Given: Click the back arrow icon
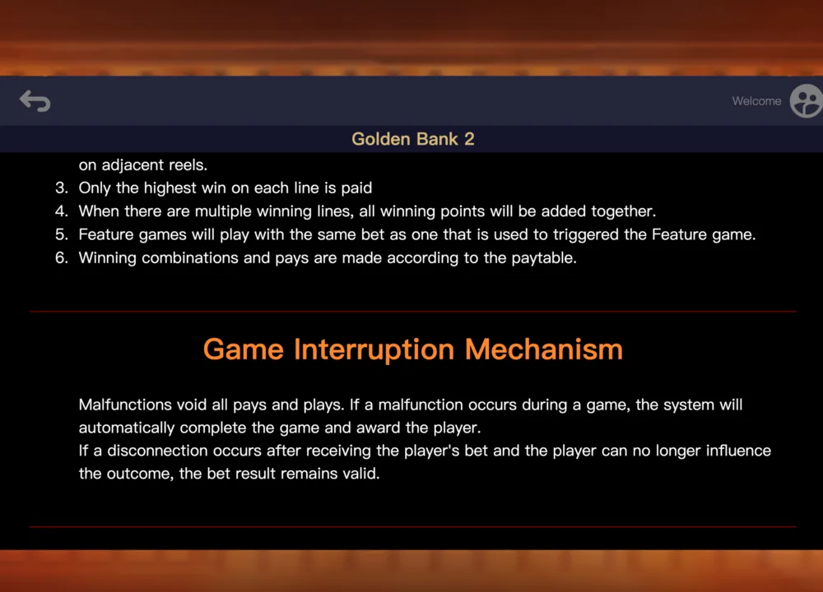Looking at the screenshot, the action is coord(35,100).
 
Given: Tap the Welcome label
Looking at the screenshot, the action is coord(756,101).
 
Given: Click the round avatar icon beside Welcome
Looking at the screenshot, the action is coord(807,100).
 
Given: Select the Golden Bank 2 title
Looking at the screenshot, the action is coord(413,139).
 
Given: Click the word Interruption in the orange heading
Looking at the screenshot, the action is coord(374,350).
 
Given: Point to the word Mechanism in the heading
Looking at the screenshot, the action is coord(544,349).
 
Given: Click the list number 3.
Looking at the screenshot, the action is coord(62,187).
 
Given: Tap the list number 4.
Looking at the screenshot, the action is coord(62,210).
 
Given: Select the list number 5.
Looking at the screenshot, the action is coord(62,234).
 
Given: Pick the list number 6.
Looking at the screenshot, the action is coord(62,257).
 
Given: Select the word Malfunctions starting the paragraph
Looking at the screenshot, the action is coord(125,405).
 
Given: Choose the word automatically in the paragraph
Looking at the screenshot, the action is coord(127,428).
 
